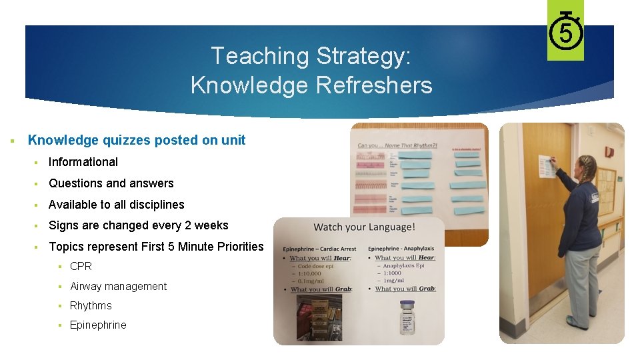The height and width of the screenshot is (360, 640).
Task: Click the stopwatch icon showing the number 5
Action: coord(565,30)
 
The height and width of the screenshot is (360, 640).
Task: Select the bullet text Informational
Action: coord(83,162)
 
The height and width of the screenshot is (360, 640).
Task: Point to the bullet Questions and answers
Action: coord(111,183)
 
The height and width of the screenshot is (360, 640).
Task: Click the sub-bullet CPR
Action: coord(81,266)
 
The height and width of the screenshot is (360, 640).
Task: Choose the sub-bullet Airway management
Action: coord(118,286)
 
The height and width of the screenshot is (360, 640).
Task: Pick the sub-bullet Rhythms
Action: coord(91,305)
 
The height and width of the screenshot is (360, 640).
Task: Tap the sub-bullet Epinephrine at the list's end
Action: coord(98,325)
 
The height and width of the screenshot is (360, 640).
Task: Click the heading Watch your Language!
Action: coord(364,227)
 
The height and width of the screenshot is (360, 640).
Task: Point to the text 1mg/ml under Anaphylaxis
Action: coord(393,281)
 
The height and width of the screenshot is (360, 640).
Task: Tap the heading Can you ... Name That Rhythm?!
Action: coord(396,145)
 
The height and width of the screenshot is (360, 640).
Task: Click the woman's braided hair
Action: coord(586,163)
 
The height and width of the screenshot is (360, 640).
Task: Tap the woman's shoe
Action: coord(577,325)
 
